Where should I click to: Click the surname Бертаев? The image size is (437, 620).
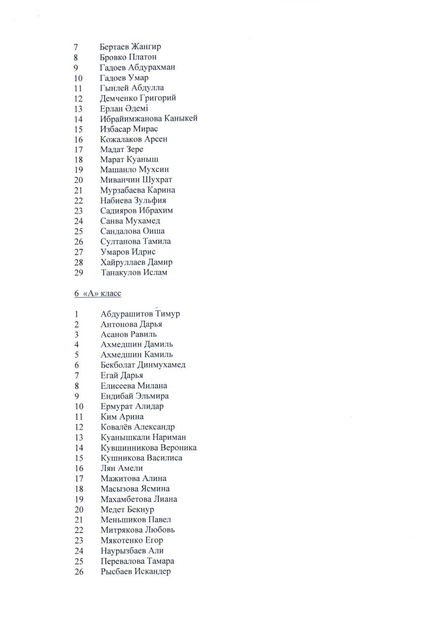coord(114,47)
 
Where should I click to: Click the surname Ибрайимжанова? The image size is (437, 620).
coord(131,119)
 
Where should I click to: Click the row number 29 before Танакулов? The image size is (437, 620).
coord(79,273)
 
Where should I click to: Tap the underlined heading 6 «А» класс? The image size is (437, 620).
coord(98,293)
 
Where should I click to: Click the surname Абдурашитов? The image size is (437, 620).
coord(126,314)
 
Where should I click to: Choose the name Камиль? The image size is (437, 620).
coord(158,355)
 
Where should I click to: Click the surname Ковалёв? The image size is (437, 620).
coord(116,427)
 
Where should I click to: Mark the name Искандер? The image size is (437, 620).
coord(152,571)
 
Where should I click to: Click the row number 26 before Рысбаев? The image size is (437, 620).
coord(79,572)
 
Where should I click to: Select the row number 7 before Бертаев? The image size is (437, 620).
coord(76,47)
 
